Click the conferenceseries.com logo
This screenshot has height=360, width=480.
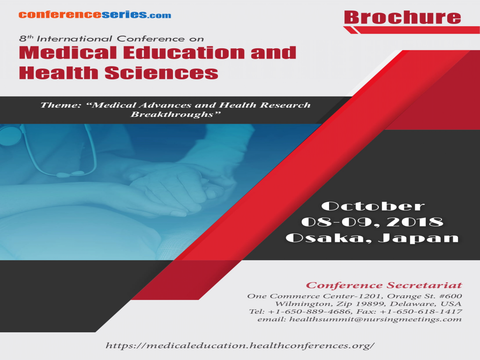pyautogui.click(x=95, y=15)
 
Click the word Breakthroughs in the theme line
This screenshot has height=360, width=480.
pyautogui.click(x=173, y=114)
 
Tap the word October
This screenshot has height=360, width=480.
pyautogui.click(x=373, y=206)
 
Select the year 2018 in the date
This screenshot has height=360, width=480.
pyautogui.click(x=417, y=222)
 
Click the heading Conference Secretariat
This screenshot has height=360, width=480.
pyautogui.click(x=384, y=285)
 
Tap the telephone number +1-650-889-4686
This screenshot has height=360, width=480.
pyautogui.click(x=301, y=311)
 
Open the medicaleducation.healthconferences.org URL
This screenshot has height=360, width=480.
pyautogui.click(x=241, y=346)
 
